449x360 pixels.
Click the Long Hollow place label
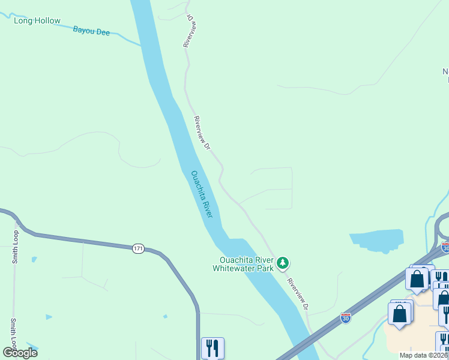point(37,21)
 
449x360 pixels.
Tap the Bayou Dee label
point(91,31)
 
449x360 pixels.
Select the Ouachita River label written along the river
point(202,194)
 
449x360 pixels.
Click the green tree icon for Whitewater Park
point(283,263)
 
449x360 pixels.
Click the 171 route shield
point(139,248)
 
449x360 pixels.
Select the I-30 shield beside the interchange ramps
point(445,247)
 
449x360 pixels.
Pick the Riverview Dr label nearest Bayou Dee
point(189,31)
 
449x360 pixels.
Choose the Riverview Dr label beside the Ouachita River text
point(202,133)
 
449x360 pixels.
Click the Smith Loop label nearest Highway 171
point(16,247)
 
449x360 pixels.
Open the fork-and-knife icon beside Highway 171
point(212,347)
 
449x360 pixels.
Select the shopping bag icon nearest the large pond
point(417,278)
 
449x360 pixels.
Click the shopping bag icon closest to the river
point(400,313)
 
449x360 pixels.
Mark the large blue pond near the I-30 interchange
point(378,239)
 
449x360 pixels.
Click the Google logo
point(20,353)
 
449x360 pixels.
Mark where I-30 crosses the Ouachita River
point(305,351)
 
